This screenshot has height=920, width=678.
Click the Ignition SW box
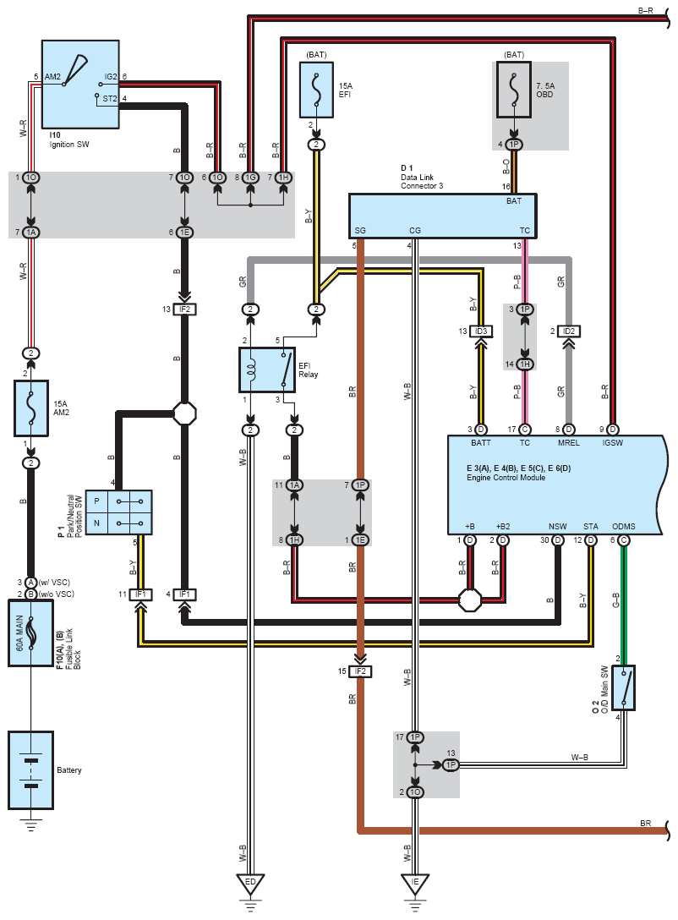(x=80, y=85)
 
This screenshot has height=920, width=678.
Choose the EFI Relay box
(x=267, y=370)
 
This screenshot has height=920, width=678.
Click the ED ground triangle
(x=250, y=884)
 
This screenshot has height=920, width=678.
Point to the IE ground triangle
(x=415, y=884)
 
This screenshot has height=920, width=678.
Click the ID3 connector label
(x=482, y=331)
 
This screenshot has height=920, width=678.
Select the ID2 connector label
(x=568, y=331)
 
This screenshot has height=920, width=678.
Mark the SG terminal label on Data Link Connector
(x=361, y=230)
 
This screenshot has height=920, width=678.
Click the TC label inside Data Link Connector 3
(x=525, y=230)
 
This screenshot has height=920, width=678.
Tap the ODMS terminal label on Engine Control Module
(x=624, y=526)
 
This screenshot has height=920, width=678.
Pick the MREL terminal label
(x=568, y=442)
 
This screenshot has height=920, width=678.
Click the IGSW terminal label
(x=612, y=442)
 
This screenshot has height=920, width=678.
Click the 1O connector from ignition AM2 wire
(x=31, y=178)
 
